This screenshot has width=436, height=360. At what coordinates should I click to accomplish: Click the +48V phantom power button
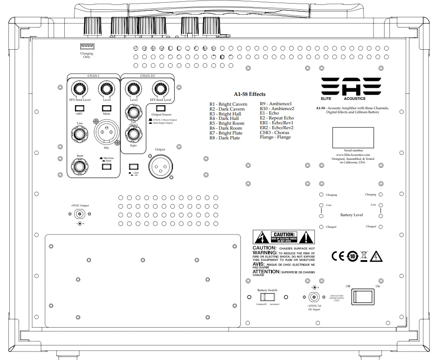coord(80,108)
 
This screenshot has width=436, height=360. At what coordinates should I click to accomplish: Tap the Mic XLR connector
coord(106,133)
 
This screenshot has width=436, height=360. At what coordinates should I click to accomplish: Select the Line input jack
coord(80,135)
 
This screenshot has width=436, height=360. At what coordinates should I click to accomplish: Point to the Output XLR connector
coord(160,166)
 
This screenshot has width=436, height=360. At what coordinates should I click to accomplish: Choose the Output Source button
coord(161,107)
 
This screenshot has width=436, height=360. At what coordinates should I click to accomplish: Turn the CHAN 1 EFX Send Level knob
coord(80,89)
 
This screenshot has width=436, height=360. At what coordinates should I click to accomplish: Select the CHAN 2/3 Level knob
coord(134,89)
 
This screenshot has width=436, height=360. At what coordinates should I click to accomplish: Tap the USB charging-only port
coord(86,47)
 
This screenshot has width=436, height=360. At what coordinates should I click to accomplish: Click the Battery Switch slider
coord(267,297)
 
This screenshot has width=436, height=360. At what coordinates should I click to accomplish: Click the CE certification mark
coord(338,256)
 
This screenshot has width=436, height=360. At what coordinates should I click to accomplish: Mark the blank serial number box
coord(353,137)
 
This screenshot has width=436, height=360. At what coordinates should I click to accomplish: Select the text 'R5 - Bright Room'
coord(227,123)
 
